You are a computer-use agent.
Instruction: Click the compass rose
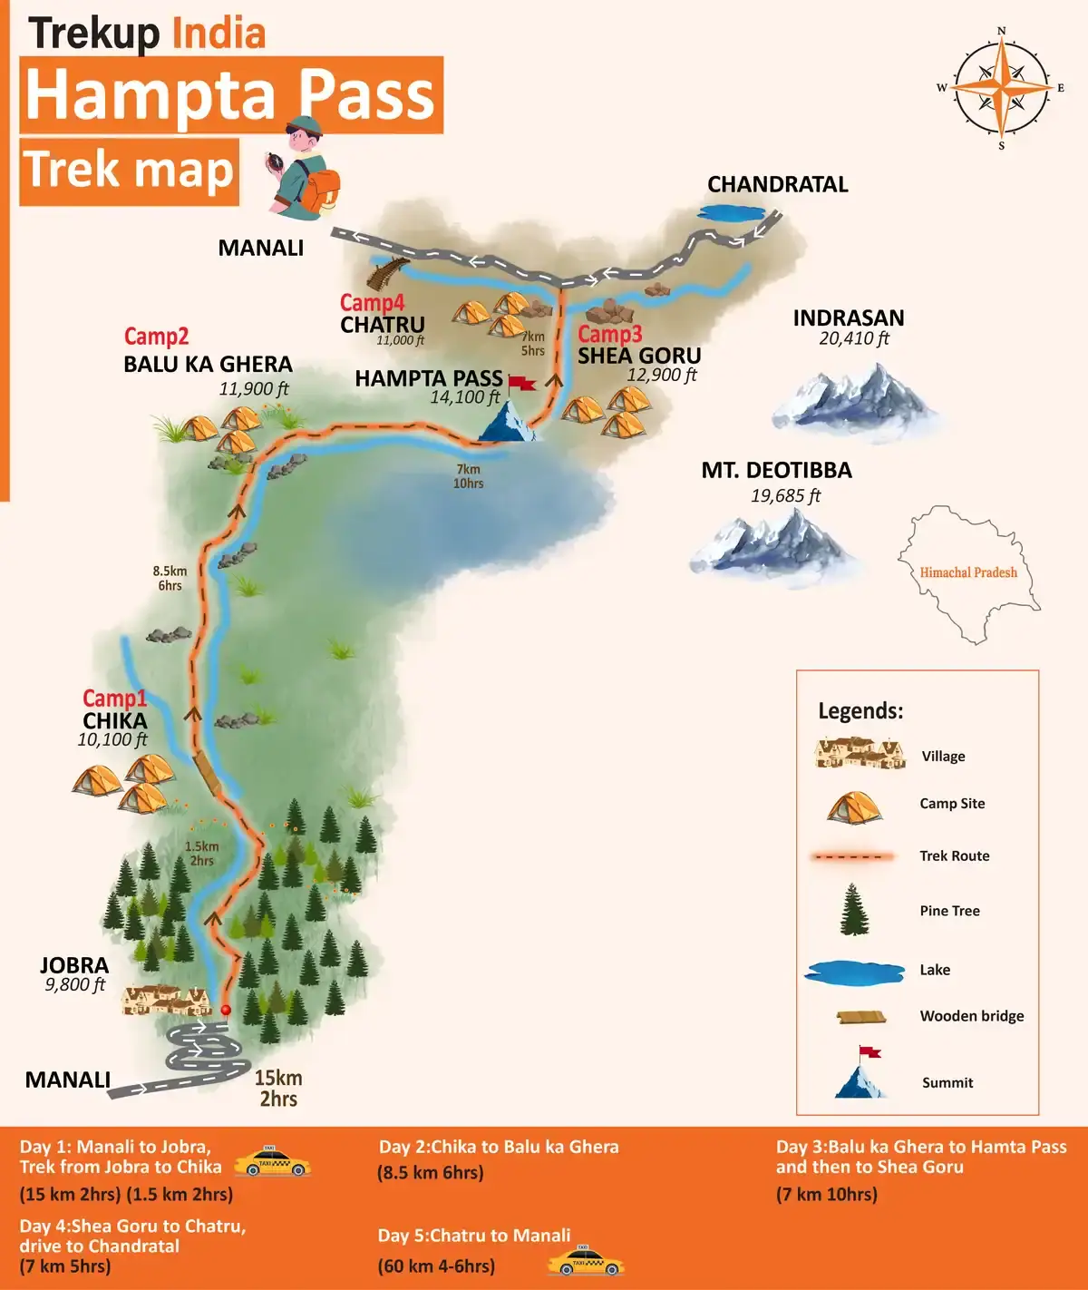tap(1001, 88)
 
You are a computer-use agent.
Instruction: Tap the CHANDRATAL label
tap(777, 184)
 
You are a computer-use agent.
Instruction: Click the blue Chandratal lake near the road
tap(731, 213)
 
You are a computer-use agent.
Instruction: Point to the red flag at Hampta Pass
tap(521, 382)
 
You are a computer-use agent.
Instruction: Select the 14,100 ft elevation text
tap(464, 397)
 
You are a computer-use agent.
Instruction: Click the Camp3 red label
tap(609, 334)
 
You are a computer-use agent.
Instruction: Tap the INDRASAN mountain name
tap(848, 318)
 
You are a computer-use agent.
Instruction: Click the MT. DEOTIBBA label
tap(776, 470)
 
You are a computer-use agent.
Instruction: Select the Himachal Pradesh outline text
tap(968, 572)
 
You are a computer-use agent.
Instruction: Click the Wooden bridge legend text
tap(971, 1016)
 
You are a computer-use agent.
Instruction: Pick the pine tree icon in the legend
tap(854, 910)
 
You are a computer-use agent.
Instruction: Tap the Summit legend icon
tap(860, 1075)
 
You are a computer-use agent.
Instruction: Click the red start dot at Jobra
tap(226, 1010)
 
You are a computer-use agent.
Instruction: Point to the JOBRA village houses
tap(167, 1000)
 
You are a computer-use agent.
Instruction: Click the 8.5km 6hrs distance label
tap(170, 578)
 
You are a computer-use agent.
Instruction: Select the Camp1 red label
tap(114, 698)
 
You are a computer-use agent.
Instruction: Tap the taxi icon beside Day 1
tap(272, 1162)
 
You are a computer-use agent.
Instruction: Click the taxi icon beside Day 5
tap(586, 1261)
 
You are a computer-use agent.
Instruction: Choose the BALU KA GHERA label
tap(208, 364)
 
